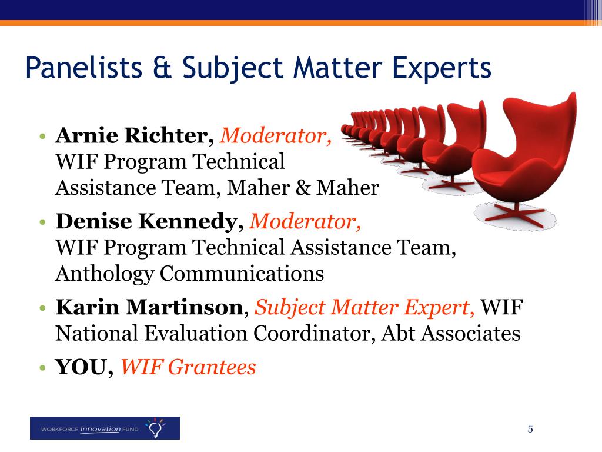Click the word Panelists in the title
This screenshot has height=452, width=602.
click(x=83, y=67)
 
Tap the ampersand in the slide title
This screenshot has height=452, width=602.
click(x=163, y=67)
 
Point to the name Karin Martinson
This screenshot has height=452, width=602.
click(x=149, y=307)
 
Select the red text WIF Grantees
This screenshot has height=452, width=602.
click(x=188, y=368)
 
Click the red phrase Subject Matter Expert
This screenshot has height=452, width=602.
click(x=365, y=307)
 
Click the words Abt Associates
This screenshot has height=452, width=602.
click(x=450, y=334)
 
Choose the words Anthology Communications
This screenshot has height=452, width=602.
click(x=189, y=274)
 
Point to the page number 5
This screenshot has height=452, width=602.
click(x=530, y=428)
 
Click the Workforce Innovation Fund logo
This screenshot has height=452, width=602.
click(x=105, y=428)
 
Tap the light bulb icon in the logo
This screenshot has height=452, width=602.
click(x=155, y=428)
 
